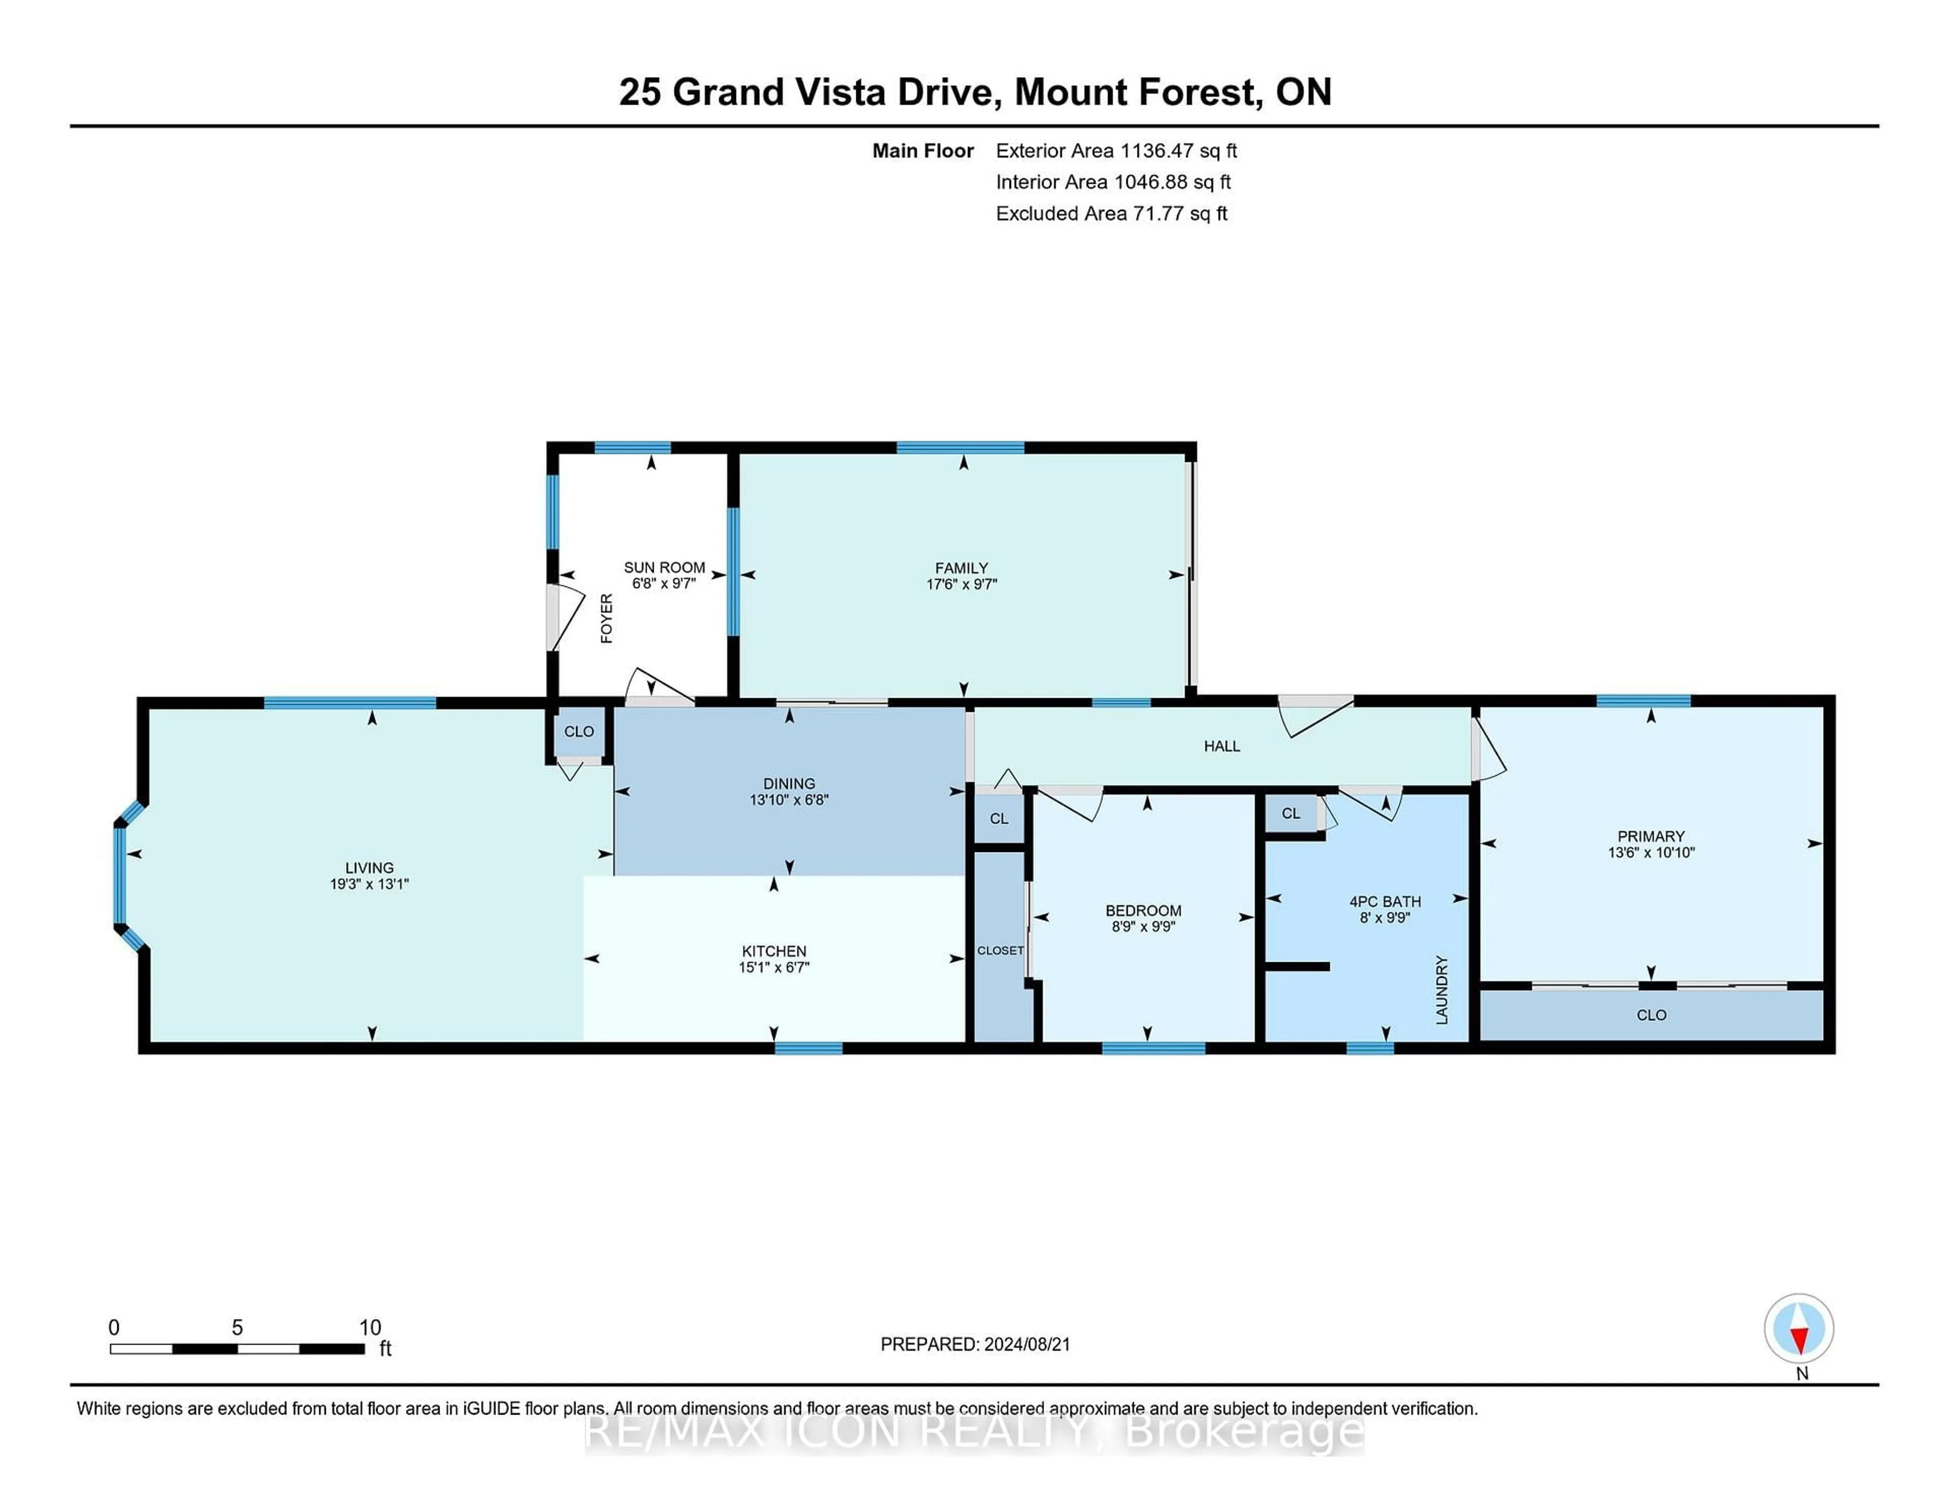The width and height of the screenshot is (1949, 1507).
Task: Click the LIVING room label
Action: [368, 867]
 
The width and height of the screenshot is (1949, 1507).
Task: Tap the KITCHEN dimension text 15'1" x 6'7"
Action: [773, 967]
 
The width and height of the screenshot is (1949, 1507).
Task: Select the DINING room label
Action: [788, 783]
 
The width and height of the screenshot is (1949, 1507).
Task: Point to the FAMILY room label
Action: [961, 568]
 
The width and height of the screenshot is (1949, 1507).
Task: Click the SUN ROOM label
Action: [664, 567]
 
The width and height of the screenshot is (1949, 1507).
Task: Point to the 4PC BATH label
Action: [1384, 902]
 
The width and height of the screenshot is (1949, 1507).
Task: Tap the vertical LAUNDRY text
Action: [1441, 989]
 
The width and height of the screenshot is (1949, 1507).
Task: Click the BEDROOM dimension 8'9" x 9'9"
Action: [1142, 927]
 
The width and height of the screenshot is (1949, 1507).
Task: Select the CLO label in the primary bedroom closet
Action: [1651, 1015]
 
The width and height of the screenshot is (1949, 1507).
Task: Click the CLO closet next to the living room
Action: [578, 731]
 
